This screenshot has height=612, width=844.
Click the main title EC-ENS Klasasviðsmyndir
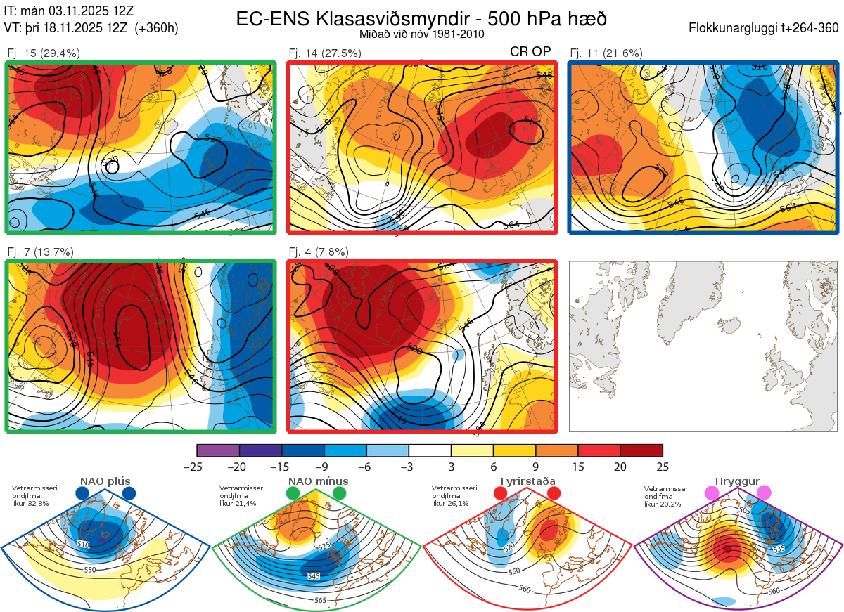coord(421,18)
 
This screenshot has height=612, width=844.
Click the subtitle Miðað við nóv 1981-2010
coord(421,34)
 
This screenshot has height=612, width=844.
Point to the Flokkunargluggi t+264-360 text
coord(765,28)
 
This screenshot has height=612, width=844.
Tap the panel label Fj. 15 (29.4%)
coord(44,53)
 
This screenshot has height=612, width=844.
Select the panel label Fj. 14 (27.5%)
coord(325,53)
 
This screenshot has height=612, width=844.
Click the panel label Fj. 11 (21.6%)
coord(606,53)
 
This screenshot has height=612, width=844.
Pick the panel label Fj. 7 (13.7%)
coord(41,252)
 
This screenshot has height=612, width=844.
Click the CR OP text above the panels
coord(530,52)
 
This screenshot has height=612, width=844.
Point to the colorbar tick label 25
coord(662,467)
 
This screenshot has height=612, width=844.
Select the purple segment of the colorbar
coord(218,450)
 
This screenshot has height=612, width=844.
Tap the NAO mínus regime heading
coord(318,481)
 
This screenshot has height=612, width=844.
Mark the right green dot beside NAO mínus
coord(340,493)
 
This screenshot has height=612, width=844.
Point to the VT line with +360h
coord(91,28)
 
